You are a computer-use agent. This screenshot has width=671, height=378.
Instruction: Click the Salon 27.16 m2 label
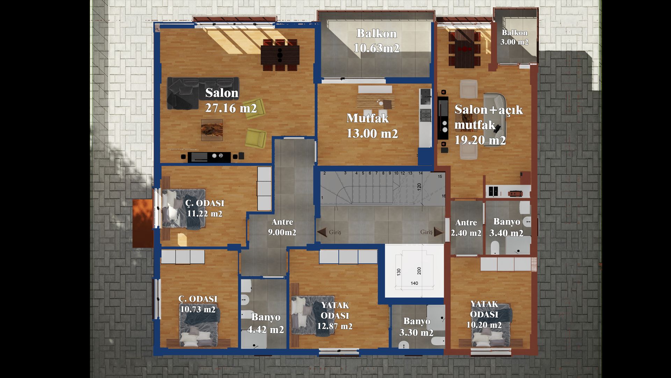pyautogui.click(x=231, y=100)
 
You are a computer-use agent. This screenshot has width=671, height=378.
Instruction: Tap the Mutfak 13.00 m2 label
pyautogui.click(x=372, y=126)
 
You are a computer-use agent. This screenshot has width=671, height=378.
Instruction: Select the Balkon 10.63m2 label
pyautogui.click(x=377, y=41)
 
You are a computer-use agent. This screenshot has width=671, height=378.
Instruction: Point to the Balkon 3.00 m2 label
pyautogui.click(x=514, y=37)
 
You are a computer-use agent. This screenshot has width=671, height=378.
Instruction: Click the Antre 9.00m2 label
pyautogui.click(x=282, y=227)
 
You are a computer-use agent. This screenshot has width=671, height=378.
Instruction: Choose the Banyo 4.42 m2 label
pyautogui.click(x=266, y=323)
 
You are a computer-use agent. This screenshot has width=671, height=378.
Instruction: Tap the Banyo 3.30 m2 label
pyautogui.click(x=417, y=327)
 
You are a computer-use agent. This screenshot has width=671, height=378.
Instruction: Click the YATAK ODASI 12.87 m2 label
pyautogui.click(x=335, y=316)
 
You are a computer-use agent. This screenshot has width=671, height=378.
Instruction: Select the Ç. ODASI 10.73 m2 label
pyautogui.click(x=198, y=304)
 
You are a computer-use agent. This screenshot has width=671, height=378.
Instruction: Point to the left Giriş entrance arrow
pyautogui.click(x=322, y=232)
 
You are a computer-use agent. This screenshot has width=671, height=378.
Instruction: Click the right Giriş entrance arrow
pyautogui.click(x=439, y=232)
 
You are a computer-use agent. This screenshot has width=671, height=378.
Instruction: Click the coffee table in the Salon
pyautogui.click(x=212, y=130)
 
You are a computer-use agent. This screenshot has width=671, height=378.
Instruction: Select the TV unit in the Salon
pyautogui.click(x=209, y=157)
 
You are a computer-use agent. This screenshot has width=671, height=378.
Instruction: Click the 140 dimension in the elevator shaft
pyautogui.click(x=414, y=283)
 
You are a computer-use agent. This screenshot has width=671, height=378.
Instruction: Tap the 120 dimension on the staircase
pyautogui.click(x=419, y=187)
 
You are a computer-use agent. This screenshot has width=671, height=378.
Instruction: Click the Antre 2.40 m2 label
pyautogui.click(x=466, y=227)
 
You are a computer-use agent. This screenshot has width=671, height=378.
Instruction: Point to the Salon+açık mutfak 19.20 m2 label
pyautogui.click(x=489, y=125)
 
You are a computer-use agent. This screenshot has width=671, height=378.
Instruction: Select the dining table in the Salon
pyautogui.click(x=280, y=55)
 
